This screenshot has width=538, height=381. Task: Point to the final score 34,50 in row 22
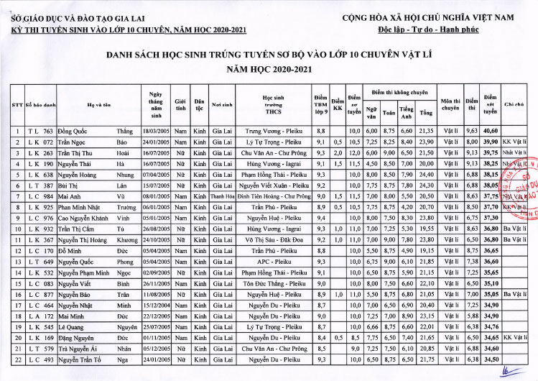click(491, 358)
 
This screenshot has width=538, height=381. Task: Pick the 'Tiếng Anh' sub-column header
click(407, 112)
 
